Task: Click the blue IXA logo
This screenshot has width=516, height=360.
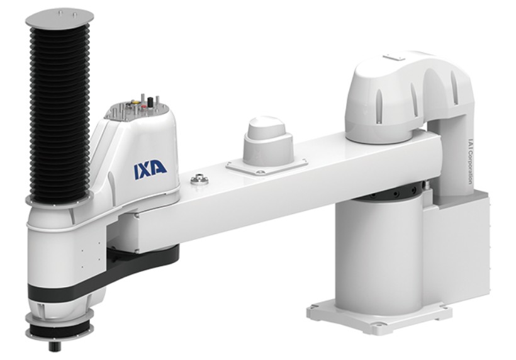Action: pos(150,168)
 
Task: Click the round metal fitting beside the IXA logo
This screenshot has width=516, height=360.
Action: pos(199,181)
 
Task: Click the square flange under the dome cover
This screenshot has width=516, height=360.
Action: pos(267,164)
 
